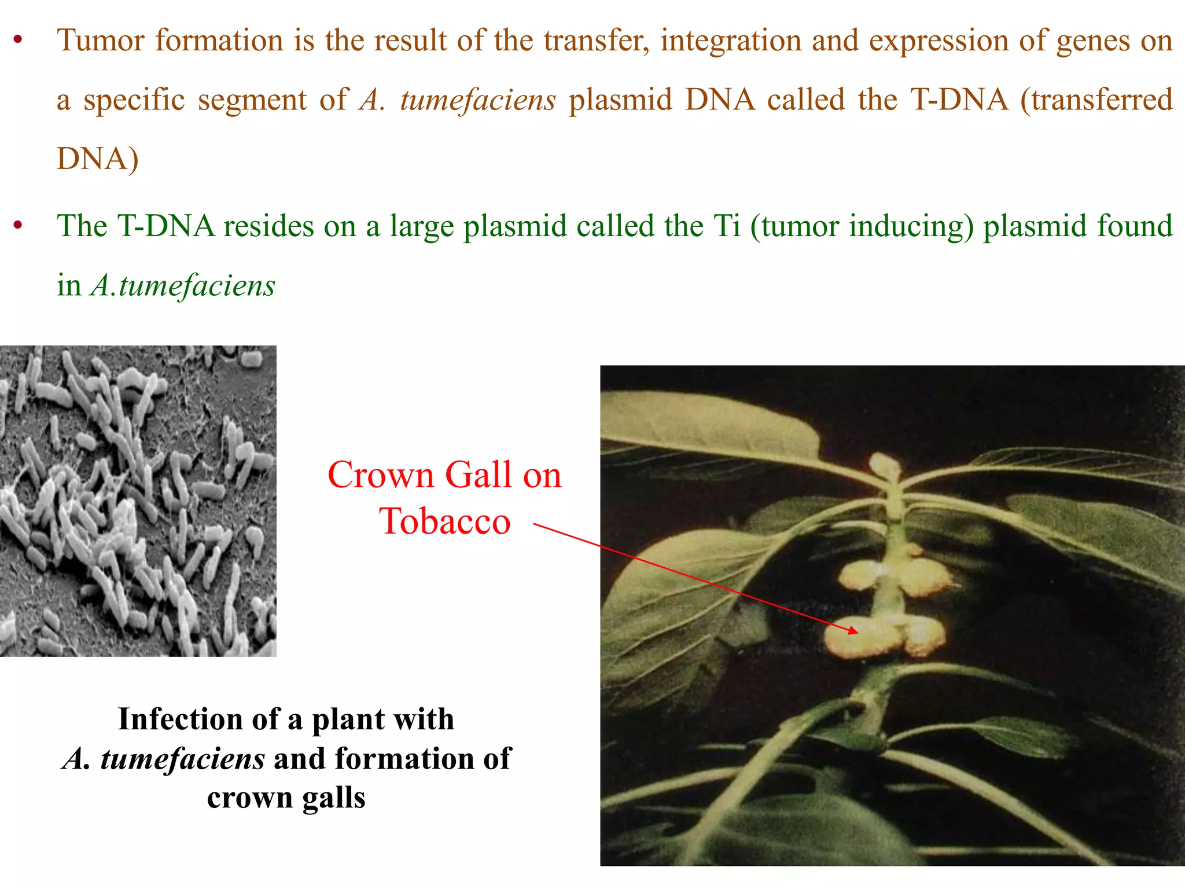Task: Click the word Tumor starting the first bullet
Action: pos(101,41)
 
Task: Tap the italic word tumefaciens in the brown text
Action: pos(478,100)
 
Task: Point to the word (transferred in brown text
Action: pos(1096,100)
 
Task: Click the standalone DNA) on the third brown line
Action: pos(97,159)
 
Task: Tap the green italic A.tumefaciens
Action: pos(183,286)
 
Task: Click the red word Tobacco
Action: pos(444,521)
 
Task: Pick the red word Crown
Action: pos(380,476)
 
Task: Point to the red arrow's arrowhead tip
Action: pos(857,633)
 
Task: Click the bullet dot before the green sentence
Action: pos(19,226)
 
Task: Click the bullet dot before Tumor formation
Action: pos(19,41)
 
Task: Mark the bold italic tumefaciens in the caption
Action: pos(182,759)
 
